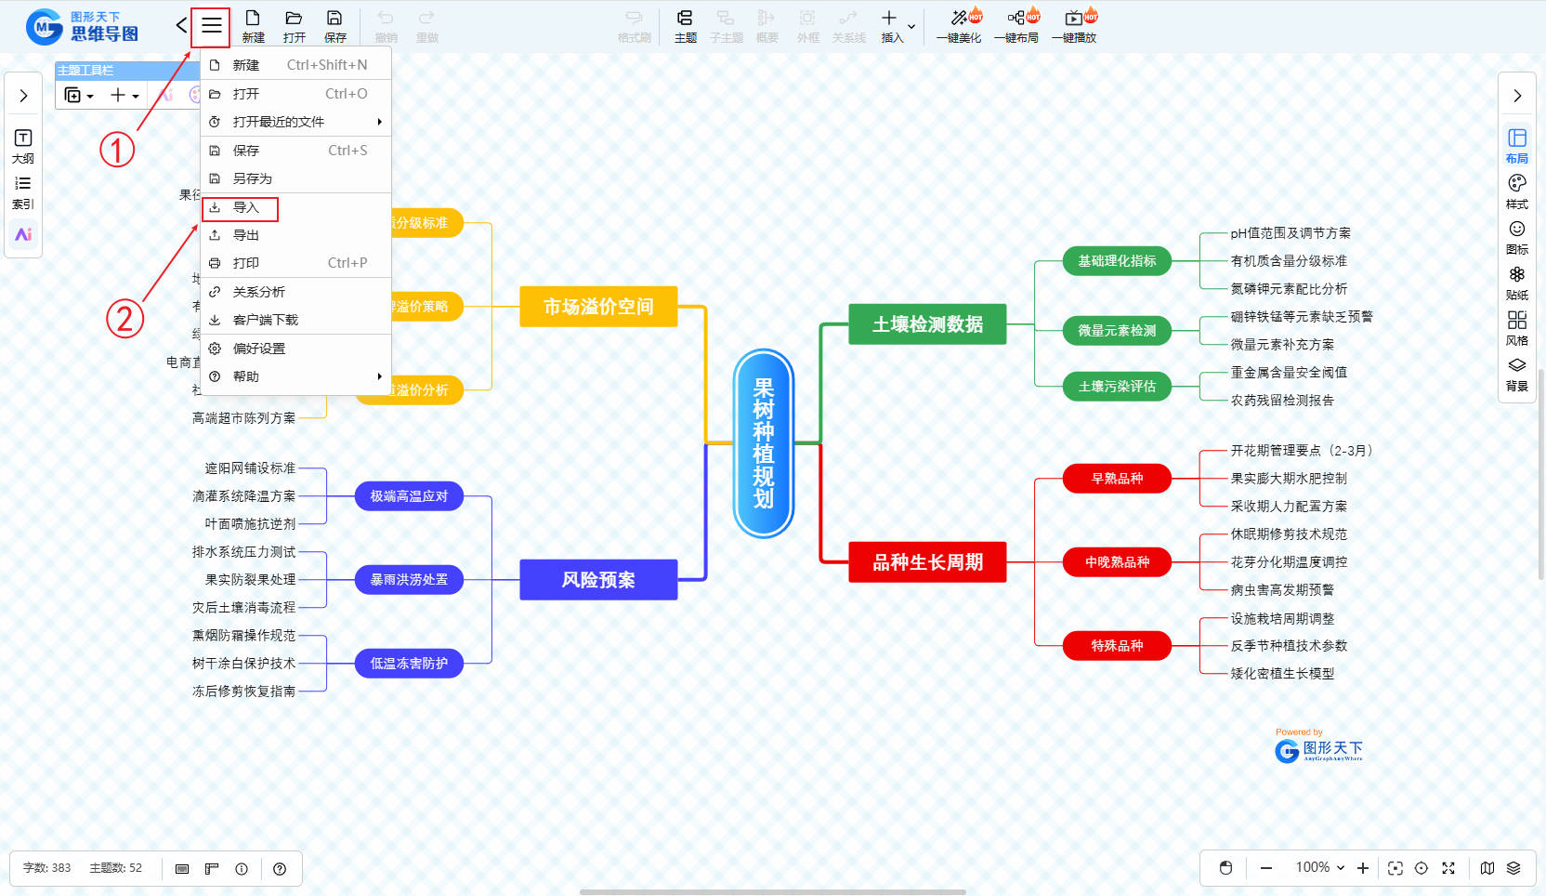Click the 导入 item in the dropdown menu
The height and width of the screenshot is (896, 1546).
[245, 207]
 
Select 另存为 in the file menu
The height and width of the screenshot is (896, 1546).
[252, 178]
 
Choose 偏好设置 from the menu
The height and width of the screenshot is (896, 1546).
[258, 349]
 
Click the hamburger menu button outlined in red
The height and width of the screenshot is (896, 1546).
[211, 26]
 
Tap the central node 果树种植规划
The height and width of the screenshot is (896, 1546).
[764, 443]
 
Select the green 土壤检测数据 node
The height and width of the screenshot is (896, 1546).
[927, 324]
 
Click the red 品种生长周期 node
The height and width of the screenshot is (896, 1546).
[927, 562]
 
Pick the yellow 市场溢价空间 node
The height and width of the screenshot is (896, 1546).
[598, 307]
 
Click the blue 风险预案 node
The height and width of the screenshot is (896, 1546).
[598, 580]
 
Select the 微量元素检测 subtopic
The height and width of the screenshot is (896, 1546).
[1117, 331]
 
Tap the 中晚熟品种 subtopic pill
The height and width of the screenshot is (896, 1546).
[1117, 562]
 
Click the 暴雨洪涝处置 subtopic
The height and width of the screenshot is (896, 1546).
[409, 580]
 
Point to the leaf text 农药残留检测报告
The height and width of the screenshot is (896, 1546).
[1282, 401]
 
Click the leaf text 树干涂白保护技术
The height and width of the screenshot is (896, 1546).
[243, 664]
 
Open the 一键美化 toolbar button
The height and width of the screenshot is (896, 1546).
[960, 26]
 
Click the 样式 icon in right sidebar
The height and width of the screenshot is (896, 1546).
[1517, 190]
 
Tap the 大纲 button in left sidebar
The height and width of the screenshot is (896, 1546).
[23, 145]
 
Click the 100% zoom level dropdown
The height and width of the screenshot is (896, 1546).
[1320, 867]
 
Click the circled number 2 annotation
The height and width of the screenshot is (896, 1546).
[124, 319]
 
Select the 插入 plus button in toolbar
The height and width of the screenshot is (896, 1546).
[890, 25]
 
